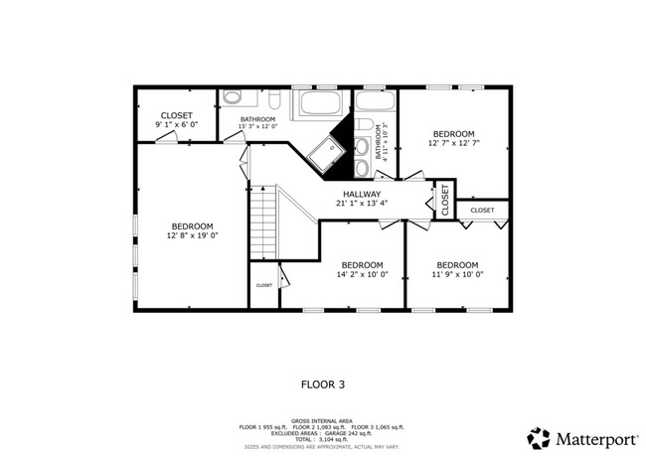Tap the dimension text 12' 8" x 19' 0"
(x=192, y=235)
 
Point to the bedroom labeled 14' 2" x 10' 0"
(x=363, y=269)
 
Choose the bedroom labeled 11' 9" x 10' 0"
(x=457, y=269)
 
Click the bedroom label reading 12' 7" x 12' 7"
(x=453, y=138)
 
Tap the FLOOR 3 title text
(x=324, y=381)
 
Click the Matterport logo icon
(x=538, y=437)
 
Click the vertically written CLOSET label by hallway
(x=444, y=200)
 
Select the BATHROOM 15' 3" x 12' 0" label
(x=257, y=122)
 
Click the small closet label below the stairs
(x=263, y=285)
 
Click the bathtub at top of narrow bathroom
(x=376, y=100)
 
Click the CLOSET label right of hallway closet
(x=482, y=210)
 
